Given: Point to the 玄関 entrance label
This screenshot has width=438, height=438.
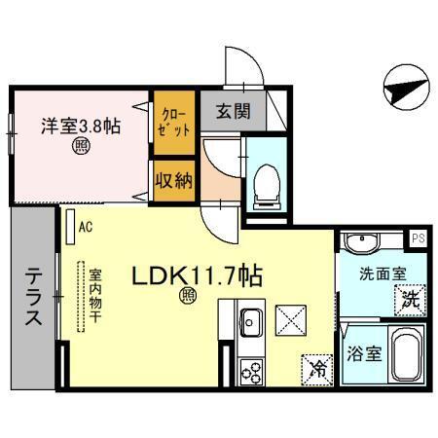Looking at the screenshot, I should (226, 111).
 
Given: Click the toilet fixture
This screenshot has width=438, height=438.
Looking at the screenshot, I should (265, 182).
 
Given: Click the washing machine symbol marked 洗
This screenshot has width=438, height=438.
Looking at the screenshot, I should (411, 300).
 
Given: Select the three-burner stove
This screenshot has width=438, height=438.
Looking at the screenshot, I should (251, 371).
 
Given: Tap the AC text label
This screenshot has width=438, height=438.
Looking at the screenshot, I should (85, 229).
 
